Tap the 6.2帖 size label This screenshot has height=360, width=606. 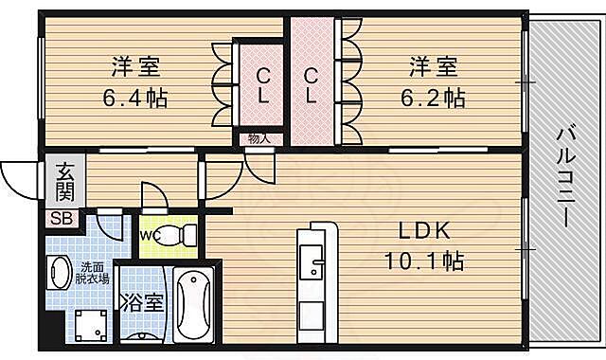434,97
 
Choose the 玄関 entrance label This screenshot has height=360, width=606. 64,183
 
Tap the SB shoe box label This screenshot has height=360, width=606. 60,219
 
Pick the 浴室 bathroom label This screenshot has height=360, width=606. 141,307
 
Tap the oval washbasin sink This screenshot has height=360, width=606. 58,274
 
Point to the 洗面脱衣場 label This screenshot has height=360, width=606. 93,273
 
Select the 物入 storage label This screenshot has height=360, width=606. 258,139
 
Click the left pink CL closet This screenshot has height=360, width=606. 260,85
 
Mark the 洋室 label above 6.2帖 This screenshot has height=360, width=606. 434,67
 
